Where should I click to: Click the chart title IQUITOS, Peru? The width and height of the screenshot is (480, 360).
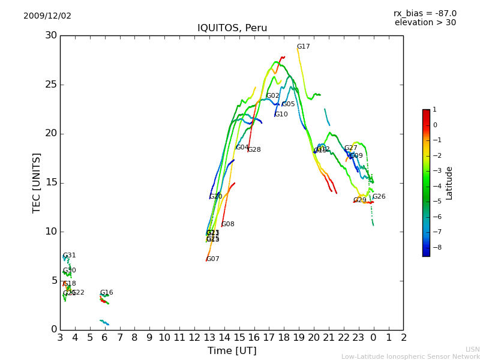coord(232,28)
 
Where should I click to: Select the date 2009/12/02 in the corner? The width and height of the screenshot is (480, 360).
coord(47,16)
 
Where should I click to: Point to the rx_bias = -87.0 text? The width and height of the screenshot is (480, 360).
coord(425,13)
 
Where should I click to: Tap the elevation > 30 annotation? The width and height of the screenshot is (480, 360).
coord(425,23)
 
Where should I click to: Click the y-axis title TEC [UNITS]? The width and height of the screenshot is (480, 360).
coord(37,182)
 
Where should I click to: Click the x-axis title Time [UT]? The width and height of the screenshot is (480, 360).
coord(232,350)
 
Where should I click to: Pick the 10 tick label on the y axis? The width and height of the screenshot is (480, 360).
coord(50,232)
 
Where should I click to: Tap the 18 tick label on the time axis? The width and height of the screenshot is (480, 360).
coord(283,338)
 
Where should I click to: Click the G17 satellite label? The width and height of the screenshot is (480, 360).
coord(303,47)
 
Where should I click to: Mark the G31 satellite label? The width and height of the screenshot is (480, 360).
coord(69,256)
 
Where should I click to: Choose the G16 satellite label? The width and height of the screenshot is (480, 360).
coord(106,293)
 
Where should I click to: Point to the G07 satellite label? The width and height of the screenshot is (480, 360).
coord(213,259)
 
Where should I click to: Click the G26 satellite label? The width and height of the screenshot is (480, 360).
coord(379,197)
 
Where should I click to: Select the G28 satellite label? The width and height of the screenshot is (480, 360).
coord(254,150)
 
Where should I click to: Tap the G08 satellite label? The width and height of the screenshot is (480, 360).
coord(228,224)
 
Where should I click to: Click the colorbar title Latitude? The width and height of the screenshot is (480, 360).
coord(449,183)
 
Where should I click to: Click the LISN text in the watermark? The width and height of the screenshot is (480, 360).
coord(472,349)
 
